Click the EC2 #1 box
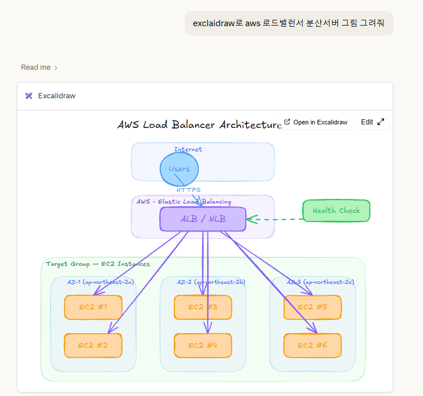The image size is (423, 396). (93, 308)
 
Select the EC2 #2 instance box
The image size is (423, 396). (93, 345)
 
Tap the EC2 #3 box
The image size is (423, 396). (203, 308)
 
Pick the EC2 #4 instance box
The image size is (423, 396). (203, 345)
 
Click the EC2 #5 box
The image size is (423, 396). (313, 308)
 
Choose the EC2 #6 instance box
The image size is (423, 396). (313, 345)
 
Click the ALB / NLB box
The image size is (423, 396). (203, 219)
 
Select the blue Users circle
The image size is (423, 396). (179, 169)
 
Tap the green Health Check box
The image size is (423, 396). (336, 211)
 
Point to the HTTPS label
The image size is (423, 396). (189, 190)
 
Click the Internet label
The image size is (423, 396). (188, 149)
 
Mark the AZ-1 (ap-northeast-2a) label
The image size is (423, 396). (101, 282)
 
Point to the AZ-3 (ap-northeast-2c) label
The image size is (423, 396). (320, 282)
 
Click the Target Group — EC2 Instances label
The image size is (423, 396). (98, 264)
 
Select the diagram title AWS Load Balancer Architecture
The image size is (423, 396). (199, 125)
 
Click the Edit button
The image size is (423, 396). (372, 122)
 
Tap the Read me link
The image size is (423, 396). (39, 67)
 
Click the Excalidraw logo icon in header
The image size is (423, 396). (29, 96)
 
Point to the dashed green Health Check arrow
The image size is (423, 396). (274, 220)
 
